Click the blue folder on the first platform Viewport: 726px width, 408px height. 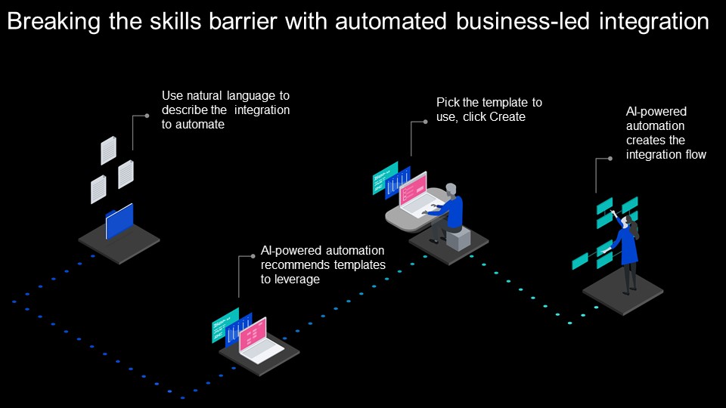point(119,222)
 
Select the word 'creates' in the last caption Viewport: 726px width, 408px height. point(645,140)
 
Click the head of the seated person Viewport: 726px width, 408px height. point(451,190)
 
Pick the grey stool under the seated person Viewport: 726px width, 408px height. point(458,239)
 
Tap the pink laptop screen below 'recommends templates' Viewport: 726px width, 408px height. point(253,333)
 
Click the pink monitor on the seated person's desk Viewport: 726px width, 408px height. point(413,189)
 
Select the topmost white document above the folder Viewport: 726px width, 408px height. point(109,150)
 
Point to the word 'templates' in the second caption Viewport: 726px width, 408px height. point(362,265)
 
